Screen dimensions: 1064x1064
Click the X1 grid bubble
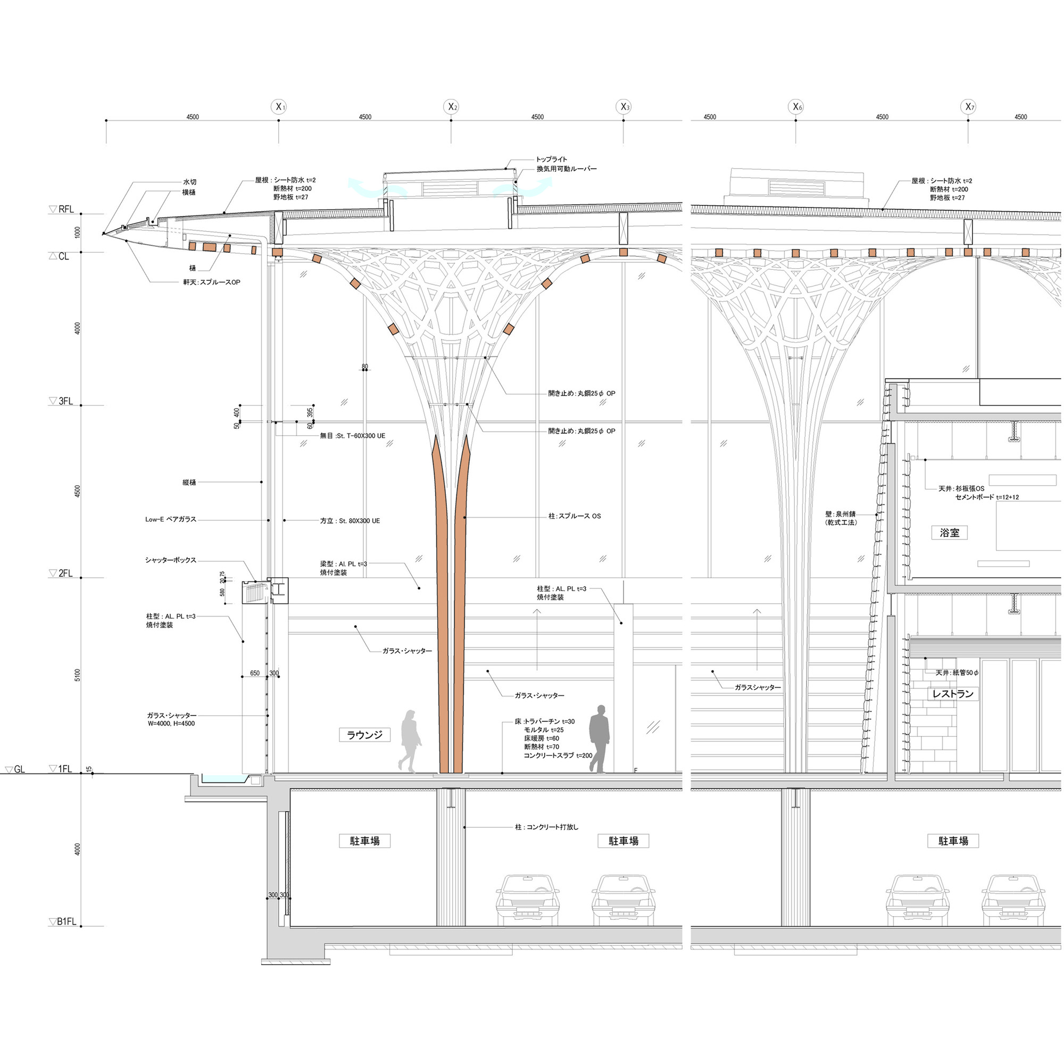pos(279,107)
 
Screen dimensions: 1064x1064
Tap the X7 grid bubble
pos(969,107)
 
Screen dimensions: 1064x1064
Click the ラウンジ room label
pos(364,735)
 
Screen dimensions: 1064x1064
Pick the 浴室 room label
pos(950,533)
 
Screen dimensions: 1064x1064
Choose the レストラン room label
pos(953,694)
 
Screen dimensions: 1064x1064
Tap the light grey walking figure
pos(410,741)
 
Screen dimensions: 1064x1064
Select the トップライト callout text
pos(551,159)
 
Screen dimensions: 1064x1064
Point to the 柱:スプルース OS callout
pos(575,516)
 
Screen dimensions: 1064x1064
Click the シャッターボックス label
pos(171,560)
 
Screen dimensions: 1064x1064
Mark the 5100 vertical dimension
pos(78,675)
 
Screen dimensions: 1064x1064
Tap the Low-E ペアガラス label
pos(171,519)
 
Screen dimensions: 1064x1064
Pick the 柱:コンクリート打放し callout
pos(547,827)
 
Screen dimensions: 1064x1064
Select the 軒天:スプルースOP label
pos(212,282)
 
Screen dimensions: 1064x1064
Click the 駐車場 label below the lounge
pos(364,841)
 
